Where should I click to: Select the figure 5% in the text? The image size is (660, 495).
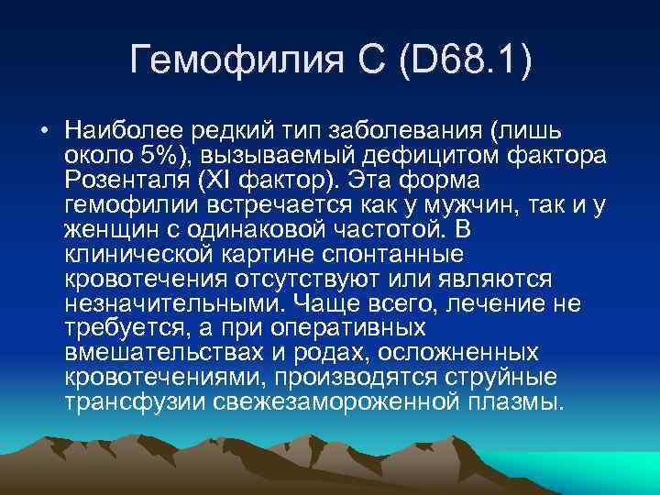coord(162,153)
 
